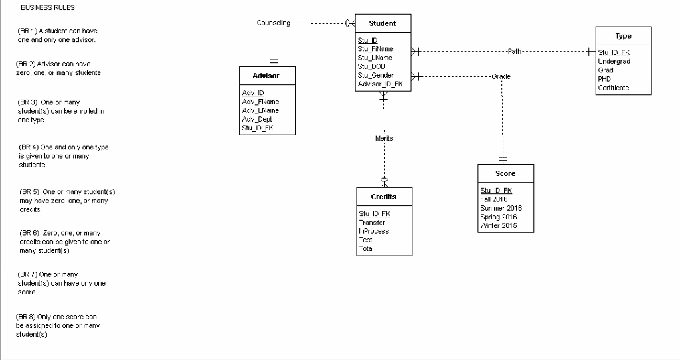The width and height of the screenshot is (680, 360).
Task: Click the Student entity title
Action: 382,23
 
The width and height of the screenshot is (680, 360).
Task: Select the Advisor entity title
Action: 266,76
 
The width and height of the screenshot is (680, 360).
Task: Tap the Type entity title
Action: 623,36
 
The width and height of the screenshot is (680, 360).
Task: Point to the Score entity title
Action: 505,173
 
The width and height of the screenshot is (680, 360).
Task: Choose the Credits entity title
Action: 384,197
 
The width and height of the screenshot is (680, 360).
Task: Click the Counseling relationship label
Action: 273,23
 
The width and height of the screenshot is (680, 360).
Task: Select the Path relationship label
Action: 515,51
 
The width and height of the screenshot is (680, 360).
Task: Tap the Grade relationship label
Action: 501,76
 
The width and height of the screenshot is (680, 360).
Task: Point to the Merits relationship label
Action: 384,138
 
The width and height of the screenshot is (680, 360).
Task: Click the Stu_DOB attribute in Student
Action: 371,66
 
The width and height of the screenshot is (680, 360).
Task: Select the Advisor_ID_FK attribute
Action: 380,84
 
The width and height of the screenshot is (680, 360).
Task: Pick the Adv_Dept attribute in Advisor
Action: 257,119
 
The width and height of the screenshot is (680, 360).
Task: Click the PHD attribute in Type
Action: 604,79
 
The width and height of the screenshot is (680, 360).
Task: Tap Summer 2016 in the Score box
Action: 500,208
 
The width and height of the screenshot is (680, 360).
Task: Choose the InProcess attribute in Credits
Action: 373,231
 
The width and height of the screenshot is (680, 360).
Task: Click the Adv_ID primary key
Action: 253,93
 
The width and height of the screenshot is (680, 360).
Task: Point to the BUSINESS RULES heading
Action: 47,8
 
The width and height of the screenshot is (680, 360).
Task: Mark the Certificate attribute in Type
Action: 613,88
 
